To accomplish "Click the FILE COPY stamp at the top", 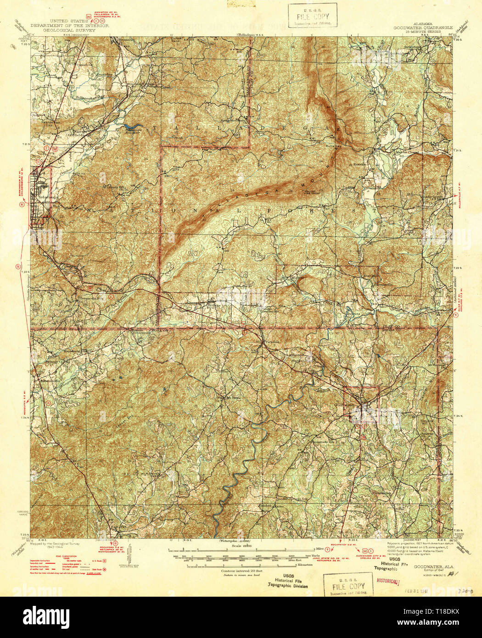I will click(x=313, y=15).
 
